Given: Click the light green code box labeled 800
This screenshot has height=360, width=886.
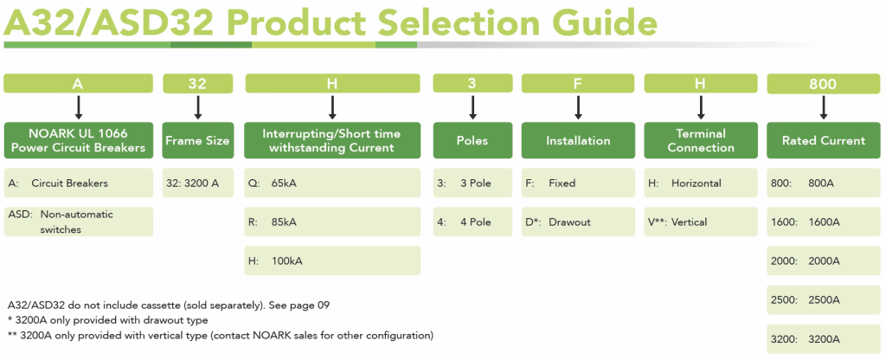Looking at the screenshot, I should [x=823, y=84].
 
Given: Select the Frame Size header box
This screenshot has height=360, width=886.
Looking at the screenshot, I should [x=198, y=140].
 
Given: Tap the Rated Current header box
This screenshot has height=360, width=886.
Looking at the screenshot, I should [x=823, y=140].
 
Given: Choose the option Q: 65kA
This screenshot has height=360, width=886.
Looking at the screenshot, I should [x=332, y=183].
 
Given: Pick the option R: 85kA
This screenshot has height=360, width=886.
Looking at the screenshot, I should [x=332, y=222].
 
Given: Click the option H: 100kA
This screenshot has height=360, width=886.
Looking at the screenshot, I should [x=332, y=260].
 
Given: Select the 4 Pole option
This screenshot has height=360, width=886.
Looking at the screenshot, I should [x=472, y=222].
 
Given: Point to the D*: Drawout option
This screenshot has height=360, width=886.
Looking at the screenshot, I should [x=577, y=222].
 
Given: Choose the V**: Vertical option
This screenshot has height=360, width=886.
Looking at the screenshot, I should [x=700, y=222].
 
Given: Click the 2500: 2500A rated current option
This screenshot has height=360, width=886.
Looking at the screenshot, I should [x=823, y=299].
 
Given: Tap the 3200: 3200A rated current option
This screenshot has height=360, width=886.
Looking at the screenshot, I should [x=823, y=338].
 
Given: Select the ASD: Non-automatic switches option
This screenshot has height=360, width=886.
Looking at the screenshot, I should [x=79, y=222].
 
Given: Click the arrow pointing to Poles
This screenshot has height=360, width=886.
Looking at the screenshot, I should [x=472, y=107].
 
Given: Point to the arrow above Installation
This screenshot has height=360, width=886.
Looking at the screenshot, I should [x=577, y=107].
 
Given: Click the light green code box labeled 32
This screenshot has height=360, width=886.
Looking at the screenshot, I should [x=198, y=84].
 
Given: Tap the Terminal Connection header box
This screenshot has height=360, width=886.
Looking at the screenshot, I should [x=700, y=140].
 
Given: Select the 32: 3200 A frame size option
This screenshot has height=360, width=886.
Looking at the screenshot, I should [x=198, y=183].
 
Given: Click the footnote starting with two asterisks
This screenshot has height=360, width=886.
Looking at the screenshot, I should [x=220, y=335].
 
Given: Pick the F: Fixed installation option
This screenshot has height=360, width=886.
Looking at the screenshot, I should [x=577, y=183].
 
